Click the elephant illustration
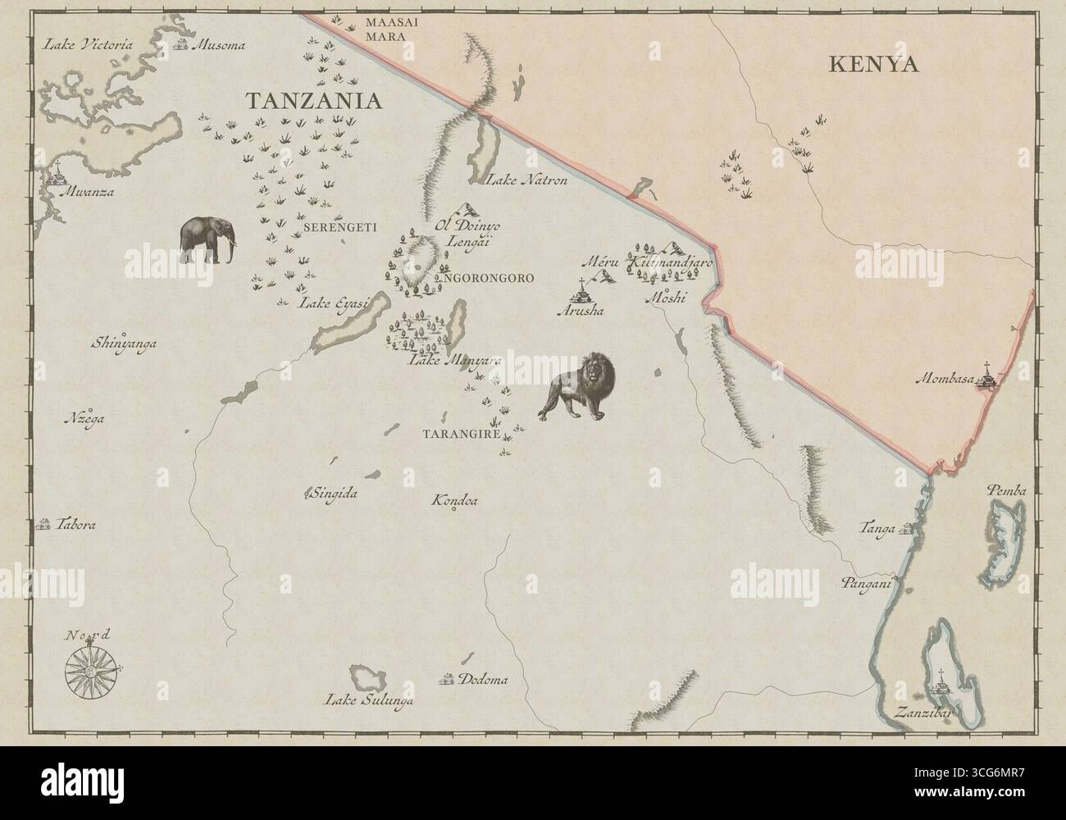pyautogui.click(x=207, y=240)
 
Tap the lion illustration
pyautogui.click(x=579, y=386)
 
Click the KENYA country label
pyautogui.click(x=873, y=65)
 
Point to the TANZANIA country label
pyautogui.click(x=315, y=101)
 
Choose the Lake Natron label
pyautogui.click(x=527, y=180)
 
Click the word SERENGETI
pyautogui.click(x=339, y=227)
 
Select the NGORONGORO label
pyautogui.click(x=489, y=279)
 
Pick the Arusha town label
pyautogui.click(x=580, y=311)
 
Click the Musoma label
pyautogui.click(x=219, y=46)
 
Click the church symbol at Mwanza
pyautogui.click(x=57, y=175)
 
